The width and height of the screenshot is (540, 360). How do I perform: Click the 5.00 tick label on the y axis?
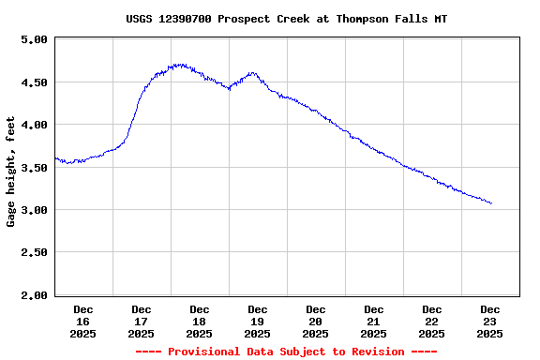click(x=34, y=39)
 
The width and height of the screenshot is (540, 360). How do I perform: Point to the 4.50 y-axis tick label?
click(x=34, y=82)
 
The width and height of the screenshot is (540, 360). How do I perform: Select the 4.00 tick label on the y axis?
click(x=34, y=125)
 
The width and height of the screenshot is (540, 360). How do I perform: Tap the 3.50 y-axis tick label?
click(x=34, y=168)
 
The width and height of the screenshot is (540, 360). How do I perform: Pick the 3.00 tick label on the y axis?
click(x=34, y=210)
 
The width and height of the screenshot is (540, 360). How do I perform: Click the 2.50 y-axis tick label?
click(x=34, y=253)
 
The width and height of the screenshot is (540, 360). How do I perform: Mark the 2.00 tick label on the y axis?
click(x=34, y=295)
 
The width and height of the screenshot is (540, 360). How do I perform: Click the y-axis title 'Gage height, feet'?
click(x=11, y=172)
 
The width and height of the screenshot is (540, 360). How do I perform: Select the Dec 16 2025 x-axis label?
click(x=83, y=321)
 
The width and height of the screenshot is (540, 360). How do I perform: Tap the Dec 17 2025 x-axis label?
click(x=142, y=321)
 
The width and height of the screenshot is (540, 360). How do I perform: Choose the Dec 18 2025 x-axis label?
click(x=200, y=321)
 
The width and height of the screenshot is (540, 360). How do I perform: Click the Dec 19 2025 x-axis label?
click(x=258, y=321)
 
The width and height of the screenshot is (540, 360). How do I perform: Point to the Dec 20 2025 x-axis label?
click(x=316, y=321)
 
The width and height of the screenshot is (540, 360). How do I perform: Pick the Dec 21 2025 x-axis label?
click(x=374, y=321)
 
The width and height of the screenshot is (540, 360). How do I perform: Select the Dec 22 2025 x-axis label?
click(x=432, y=321)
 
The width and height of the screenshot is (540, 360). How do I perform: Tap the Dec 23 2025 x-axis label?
click(x=490, y=321)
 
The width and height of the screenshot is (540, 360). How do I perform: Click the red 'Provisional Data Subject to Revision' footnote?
click(x=286, y=352)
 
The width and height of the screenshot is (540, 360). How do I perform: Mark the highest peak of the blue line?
click(x=178, y=65)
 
